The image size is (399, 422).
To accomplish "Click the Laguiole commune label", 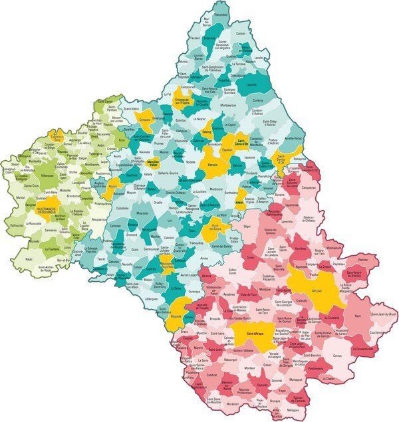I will [x=251, y=85].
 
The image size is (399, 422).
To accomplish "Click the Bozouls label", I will [x=213, y=163].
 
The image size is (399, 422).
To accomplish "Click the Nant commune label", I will [x=358, y=316].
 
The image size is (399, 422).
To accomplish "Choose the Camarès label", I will [x=263, y=385].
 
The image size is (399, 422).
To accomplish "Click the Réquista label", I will [x=176, y=317].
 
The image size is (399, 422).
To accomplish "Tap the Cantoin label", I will [x=241, y=33].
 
